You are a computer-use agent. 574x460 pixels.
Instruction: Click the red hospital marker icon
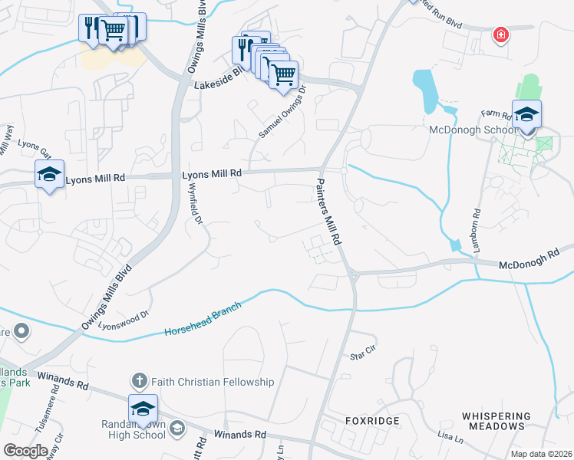pyautogui.click(x=501, y=34)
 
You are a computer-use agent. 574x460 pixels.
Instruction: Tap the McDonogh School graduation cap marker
pyautogui.click(x=527, y=115)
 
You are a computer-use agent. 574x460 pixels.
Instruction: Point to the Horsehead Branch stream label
pyautogui.click(x=203, y=319)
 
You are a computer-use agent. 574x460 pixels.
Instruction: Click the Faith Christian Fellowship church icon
pyautogui.click(x=139, y=381)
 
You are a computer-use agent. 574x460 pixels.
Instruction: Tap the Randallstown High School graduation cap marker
pyautogui.click(x=143, y=409)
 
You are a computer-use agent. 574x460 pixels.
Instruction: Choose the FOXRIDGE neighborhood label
pyautogui.click(x=372, y=422)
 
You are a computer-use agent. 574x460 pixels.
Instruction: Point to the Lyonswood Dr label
pyautogui.click(x=123, y=319)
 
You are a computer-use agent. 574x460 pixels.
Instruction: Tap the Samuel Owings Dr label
pyautogui.click(x=282, y=112)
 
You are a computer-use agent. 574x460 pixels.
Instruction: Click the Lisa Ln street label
pyautogui.click(x=450, y=438)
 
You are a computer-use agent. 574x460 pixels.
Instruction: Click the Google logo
pyautogui.click(x=25, y=450)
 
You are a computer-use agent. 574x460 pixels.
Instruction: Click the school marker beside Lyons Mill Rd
pyautogui.click(x=49, y=176)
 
